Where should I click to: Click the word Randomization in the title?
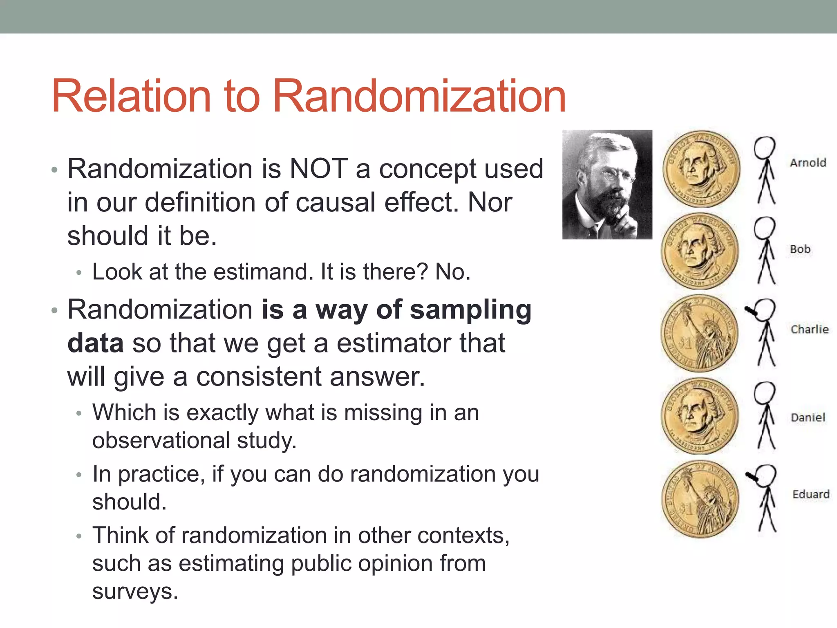point(419,96)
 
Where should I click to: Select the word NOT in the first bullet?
point(318,169)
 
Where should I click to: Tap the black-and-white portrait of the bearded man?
point(607,184)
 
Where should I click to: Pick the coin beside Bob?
point(700,251)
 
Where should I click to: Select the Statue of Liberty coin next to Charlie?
point(700,333)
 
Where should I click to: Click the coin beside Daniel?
point(700,415)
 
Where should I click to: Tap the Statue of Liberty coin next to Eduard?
point(700,499)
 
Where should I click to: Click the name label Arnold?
point(808,163)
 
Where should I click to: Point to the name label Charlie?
point(809,329)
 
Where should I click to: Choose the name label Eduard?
point(811,494)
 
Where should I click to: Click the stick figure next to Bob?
point(765,250)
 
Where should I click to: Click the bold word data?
point(95,343)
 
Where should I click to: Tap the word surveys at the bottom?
point(135,591)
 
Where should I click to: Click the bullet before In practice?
point(79,475)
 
